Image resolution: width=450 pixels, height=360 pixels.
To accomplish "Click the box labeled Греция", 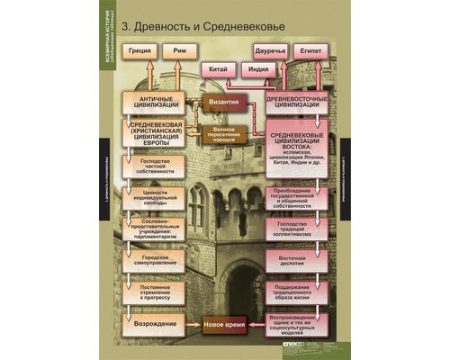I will pyautogui.click(x=140, y=52).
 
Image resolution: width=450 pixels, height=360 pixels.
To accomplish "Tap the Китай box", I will pyautogui.click(x=218, y=69).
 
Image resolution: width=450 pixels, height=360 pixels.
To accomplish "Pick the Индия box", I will pyautogui.click(x=256, y=69).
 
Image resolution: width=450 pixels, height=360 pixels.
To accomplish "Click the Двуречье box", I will pyautogui.click(x=271, y=52).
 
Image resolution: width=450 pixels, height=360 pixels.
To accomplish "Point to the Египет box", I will pyautogui.click(x=311, y=52).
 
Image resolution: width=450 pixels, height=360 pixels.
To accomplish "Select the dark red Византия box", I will pyautogui.click(x=224, y=103).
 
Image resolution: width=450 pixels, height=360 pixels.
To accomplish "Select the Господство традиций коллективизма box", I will pyautogui.click(x=297, y=226).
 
